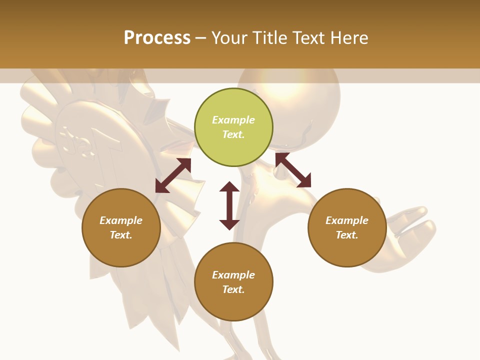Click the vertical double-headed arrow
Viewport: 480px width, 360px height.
pyautogui.click(x=229, y=205)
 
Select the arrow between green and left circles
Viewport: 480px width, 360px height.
pyautogui.click(x=173, y=175)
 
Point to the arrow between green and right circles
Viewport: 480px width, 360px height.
pyautogui.click(x=293, y=170)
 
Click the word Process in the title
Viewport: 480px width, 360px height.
pyautogui.click(x=157, y=37)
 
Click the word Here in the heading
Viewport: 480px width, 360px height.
pyautogui.click(x=349, y=37)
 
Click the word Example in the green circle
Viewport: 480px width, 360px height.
pyautogui.click(x=233, y=120)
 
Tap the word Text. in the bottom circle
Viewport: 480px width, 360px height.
pyautogui.click(x=233, y=289)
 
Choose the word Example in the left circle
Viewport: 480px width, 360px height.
pyautogui.click(x=121, y=220)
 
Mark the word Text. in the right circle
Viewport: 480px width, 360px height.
pyautogui.click(x=347, y=235)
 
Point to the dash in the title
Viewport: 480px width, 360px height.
pyautogui.click(x=201, y=38)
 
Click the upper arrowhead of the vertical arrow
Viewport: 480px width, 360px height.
pyautogui.click(x=229, y=187)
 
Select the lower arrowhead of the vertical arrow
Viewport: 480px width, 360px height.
pyautogui.click(x=229, y=224)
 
